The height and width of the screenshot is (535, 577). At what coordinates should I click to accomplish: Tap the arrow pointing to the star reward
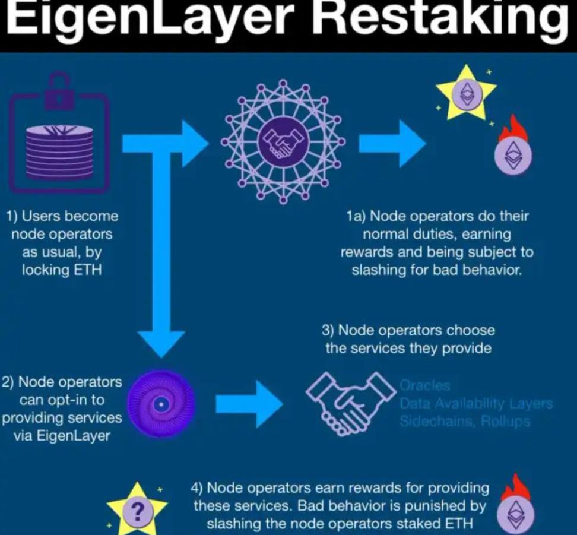[x=392, y=143]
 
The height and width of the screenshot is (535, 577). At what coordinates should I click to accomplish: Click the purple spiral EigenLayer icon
[x=161, y=404]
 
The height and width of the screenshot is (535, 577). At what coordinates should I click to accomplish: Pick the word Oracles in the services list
[x=425, y=386]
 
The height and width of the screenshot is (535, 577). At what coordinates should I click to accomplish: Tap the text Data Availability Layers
[x=476, y=404]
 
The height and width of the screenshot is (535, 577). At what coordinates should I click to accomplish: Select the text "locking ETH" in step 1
[x=62, y=270]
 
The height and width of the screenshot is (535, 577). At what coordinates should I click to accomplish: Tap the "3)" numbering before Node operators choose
[x=330, y=330]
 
